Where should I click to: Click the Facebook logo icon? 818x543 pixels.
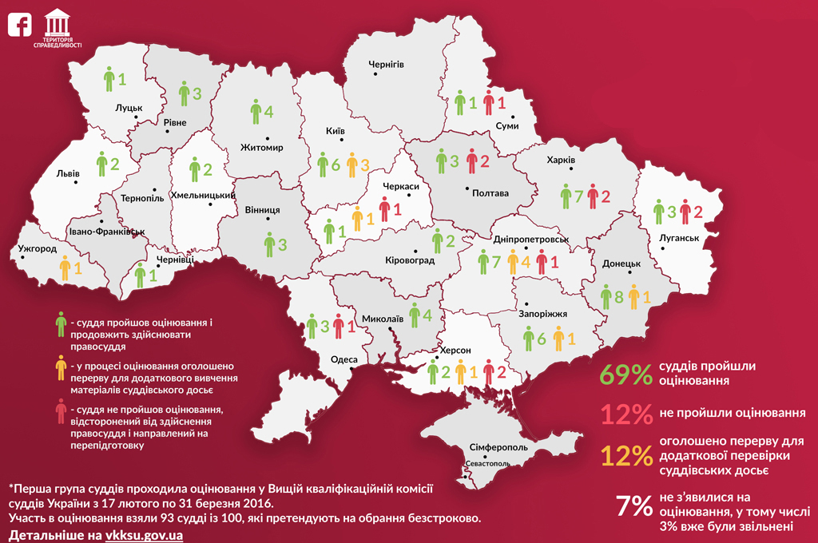pos(19,24)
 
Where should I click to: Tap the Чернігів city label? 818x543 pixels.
pos(386,64)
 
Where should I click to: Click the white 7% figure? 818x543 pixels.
pos(634,506)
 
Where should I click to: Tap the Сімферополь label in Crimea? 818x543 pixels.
pos(498,448)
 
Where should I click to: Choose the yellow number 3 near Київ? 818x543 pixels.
pos(363,165)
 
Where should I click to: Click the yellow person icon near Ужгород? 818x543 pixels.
pos(65,268)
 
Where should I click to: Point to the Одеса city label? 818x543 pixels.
pos(344,359)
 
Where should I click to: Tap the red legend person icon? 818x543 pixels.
pos(60,412)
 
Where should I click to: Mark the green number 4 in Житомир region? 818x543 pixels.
pos(269,111)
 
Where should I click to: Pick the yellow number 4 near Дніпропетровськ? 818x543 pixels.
pos(526,260)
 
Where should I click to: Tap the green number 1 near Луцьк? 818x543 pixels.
pos(122,79)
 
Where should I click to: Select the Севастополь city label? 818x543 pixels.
pos(487,463)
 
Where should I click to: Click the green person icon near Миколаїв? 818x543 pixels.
pos(414,315)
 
